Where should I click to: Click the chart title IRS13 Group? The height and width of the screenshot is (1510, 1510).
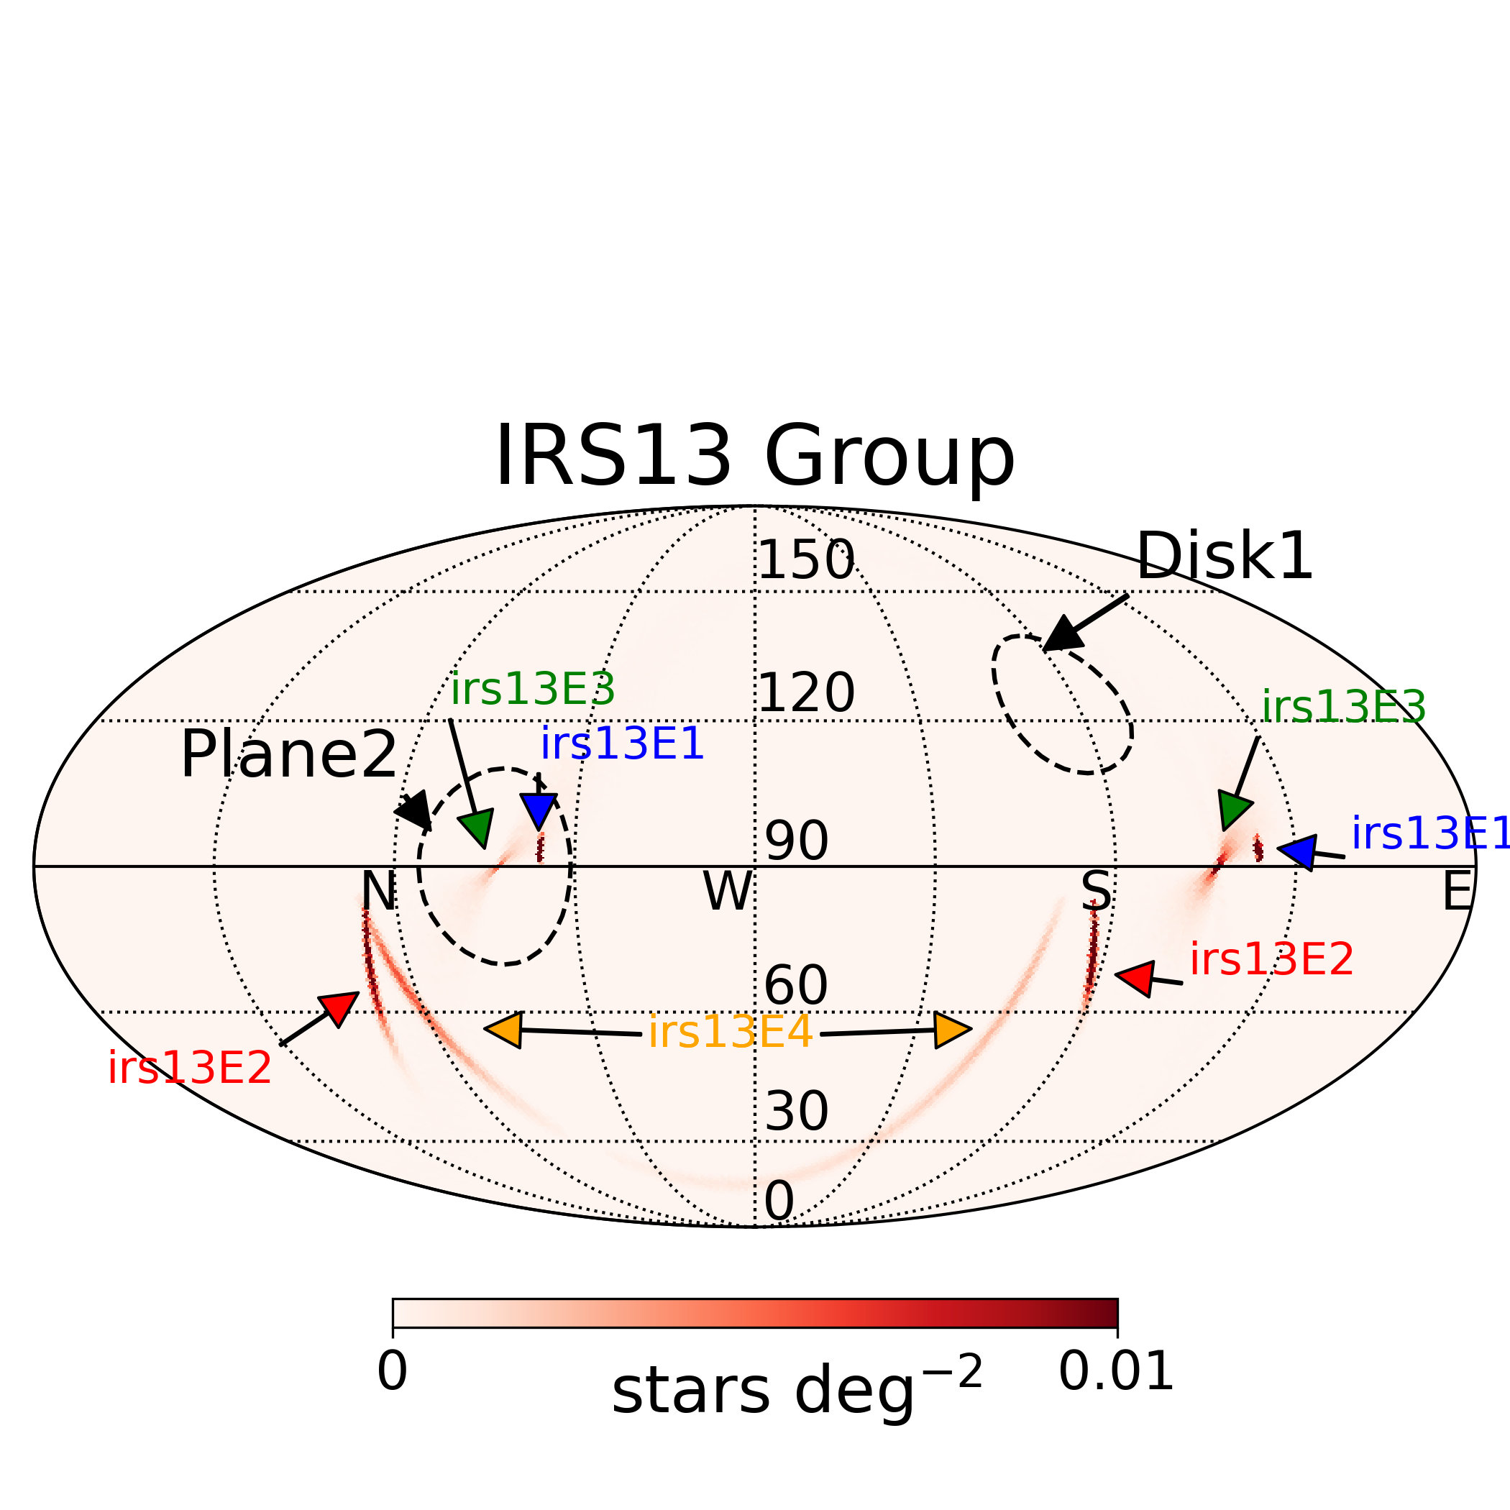(754, 457)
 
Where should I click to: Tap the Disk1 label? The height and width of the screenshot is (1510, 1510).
(1224, 557)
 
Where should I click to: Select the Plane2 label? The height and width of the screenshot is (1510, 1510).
(288, 755)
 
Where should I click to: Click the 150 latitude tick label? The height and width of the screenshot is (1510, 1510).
(807, 560)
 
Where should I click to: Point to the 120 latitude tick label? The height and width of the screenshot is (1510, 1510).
(807, 692)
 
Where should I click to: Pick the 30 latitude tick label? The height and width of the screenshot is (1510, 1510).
(796, 1109)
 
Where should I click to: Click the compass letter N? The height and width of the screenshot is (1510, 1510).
(378, 891)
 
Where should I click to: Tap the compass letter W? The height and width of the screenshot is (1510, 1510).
(728, 891)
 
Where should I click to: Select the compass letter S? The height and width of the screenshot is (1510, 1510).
(1096, 891)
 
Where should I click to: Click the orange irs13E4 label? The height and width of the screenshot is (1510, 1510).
(731, 1033)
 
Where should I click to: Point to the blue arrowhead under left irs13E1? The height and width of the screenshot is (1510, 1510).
(539, 810)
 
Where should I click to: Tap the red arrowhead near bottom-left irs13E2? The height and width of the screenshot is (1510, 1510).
(339, 1007)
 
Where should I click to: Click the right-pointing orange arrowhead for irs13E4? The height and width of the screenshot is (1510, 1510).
(951, 1030)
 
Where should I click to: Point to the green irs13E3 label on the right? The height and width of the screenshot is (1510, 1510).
(1343, 708)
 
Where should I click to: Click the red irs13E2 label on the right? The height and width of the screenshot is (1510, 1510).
(1271, 959)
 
